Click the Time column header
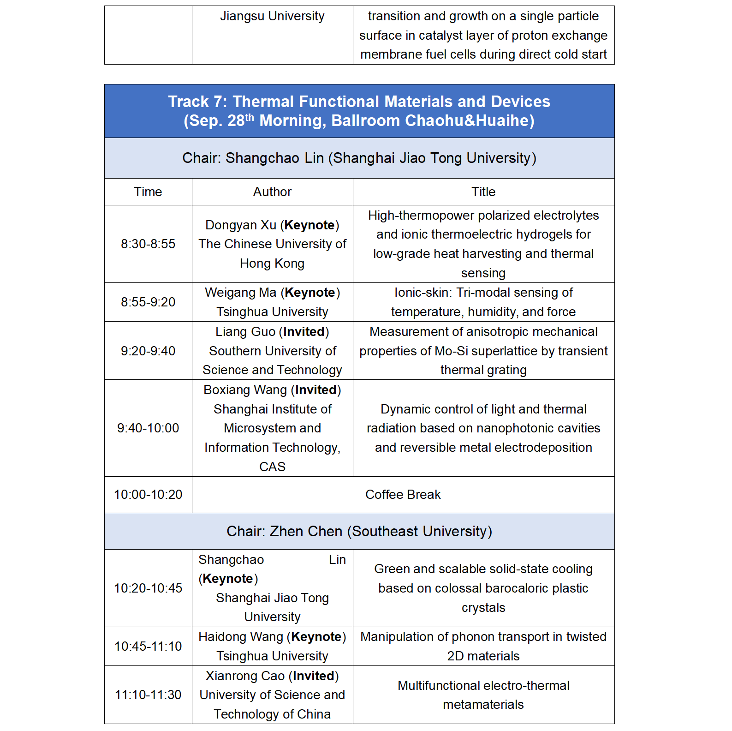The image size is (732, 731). pos(148,192)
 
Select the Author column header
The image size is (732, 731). pos(272,192)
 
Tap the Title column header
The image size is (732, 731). pos(483,192)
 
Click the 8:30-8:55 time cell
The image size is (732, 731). pos(148,244)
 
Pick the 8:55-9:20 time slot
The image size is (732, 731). pos(148,302)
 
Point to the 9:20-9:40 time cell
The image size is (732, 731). pos(148,351)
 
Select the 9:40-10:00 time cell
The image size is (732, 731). pos(148,428)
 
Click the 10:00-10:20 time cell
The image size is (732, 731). pos(148,495)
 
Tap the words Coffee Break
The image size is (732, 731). pos(403,495)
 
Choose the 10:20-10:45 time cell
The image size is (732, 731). pos(148,588)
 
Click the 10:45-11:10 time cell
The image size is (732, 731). pos(148,647)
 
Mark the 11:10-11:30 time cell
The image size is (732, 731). pos(148,695)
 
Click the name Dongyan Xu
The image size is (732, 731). pos(240,225)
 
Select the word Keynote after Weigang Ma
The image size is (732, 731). pos(309,293)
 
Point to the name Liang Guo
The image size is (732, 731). pos(245,332)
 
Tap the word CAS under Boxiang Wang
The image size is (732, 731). pos(272,467)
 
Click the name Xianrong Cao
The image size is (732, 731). pos(245,676)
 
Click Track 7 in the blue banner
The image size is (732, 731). pos(197,102)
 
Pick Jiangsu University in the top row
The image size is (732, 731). pos(272,16)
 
